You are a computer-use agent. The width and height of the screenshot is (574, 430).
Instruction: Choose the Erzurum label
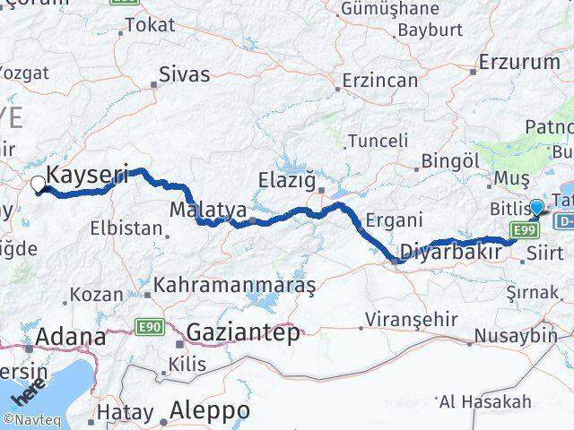click(519, 63)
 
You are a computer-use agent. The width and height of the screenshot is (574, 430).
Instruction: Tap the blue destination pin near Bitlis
click(536, 208)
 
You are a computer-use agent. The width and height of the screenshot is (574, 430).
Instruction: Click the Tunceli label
click(378, 141)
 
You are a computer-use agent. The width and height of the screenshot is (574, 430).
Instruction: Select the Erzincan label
click(380, 81)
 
